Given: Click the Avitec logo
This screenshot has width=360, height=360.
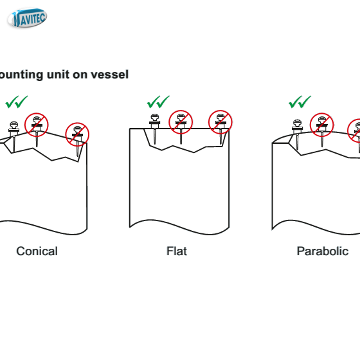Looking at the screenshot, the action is coord(27,18).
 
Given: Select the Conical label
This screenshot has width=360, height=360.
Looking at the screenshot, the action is coord(37,251).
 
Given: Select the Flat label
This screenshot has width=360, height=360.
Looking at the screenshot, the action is coord(177,251).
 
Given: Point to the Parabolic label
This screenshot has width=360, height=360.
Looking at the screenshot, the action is coord(323,251).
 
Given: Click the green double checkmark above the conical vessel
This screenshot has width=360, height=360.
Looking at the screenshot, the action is coord(17,102).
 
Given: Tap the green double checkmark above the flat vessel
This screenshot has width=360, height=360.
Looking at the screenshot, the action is coord(158,102).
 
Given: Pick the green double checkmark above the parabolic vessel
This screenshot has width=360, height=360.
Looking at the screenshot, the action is coord(300,102).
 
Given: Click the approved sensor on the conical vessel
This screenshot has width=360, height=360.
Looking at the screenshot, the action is coord(14,136).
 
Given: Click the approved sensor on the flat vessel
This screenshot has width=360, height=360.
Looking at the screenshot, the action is coord(154,129).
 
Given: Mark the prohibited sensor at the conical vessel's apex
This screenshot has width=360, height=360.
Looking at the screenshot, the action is coord(37,125).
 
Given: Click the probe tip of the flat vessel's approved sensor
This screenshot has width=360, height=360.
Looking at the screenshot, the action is coord(155,145).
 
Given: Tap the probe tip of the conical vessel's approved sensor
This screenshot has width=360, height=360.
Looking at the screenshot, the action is coord(14,152).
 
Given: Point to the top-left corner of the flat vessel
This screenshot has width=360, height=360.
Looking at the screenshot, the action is coord(130,129).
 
